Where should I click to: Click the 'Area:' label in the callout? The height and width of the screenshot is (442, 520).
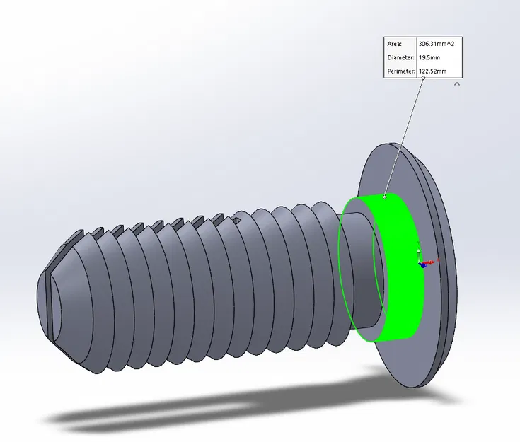click(x=395, y=44)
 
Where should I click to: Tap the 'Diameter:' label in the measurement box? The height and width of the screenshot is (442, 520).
click(x=400, y=57)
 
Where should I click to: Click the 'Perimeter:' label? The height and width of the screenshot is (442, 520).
click(x=402, y=71)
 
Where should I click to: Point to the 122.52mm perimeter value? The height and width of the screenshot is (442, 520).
click(x=433, y=71)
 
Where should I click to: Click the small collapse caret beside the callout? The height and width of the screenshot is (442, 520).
click(x=457, y=83)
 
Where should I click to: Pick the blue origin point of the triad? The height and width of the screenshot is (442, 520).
click(x=422, y=264)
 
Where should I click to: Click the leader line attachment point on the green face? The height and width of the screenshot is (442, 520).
click(x=385, y=197)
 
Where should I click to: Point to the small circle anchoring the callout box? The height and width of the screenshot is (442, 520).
click(x=423, y=78)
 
